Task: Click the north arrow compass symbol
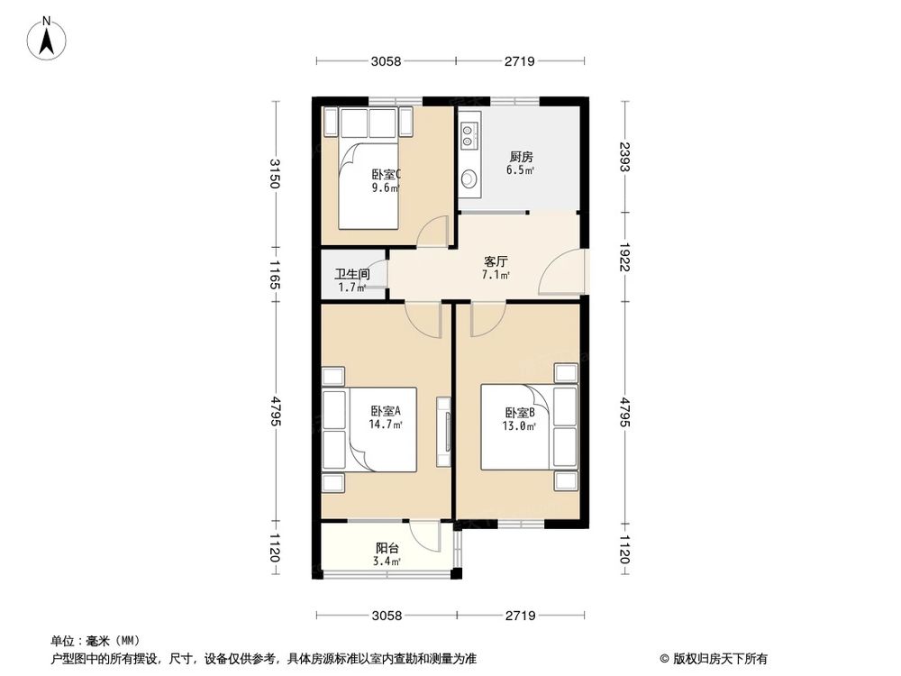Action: [x=50, y=37]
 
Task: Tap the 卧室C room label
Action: [x=386, y=175]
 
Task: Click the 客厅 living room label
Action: [x=496, y=260]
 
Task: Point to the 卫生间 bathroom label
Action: [x=351, y=275]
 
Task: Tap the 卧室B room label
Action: [x=520, y=413]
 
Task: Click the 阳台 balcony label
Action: [x=387, y=547]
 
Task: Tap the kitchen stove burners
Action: [x=469, y=136]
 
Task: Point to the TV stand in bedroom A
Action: [x=443, y=430]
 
